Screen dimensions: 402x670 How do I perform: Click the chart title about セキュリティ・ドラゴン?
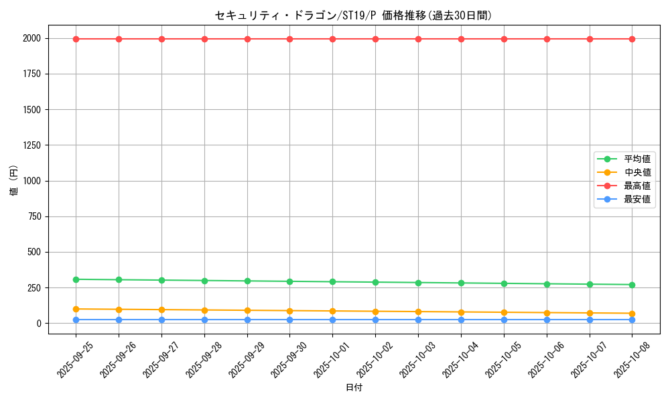click(353, 15)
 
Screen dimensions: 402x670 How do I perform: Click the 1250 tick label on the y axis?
click(31, 145)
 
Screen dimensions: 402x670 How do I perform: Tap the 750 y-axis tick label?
click(33, 216)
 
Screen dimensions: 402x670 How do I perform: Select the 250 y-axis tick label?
click(33, 288)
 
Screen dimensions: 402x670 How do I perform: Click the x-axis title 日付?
click(353, 388)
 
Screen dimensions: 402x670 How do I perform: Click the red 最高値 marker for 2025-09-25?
click(76, 39)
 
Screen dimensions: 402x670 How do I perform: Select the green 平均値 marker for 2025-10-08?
click(632, 285)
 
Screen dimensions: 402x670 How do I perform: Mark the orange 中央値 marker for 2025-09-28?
click(204, 310)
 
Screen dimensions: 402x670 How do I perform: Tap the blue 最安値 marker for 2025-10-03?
click(418, 320)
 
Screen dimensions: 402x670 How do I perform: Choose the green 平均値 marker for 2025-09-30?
click(289, 281)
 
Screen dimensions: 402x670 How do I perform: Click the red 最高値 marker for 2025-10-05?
click(504, 39)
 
